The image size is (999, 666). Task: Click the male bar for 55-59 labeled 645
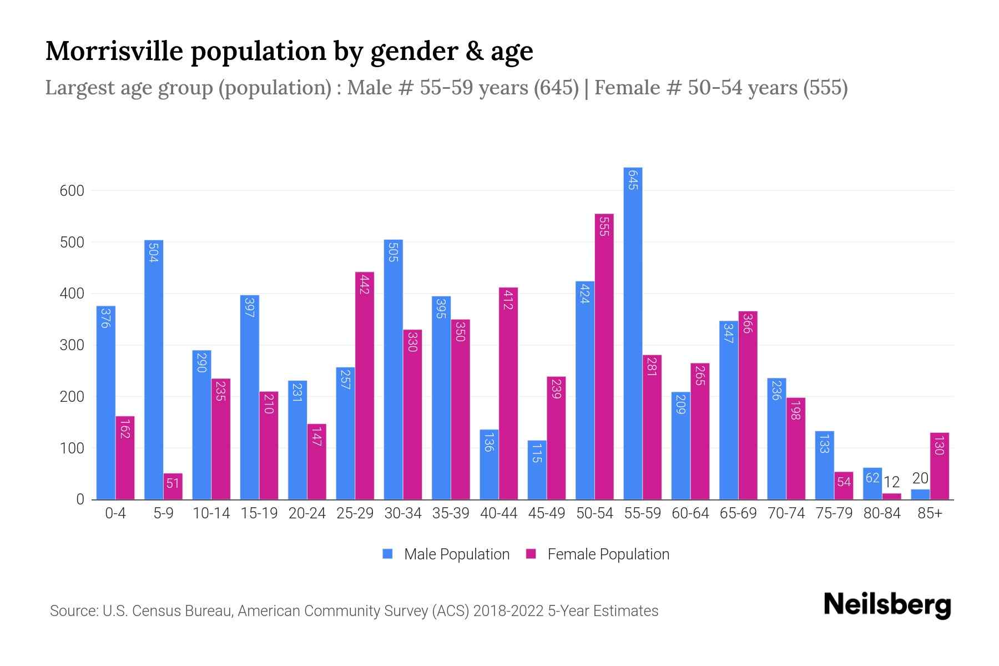coord(633,333)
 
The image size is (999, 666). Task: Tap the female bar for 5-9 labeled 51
coord(173,487)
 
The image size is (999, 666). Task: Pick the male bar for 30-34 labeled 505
coord(393,370)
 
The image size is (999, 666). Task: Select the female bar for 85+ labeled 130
coord(939,466)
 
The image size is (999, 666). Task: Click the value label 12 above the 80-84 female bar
coord(891,482)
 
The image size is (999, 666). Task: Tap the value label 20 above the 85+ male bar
coord(920,478)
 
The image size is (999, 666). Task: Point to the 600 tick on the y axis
coord(72,191)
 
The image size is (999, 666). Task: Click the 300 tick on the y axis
coord(72,345)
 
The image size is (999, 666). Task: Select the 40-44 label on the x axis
coord(498,513)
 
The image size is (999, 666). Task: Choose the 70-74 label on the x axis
coord(786,513)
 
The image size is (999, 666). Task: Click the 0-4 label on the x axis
coord(115,513)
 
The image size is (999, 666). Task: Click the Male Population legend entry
coord(456,554)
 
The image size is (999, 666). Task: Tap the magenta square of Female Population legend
coord(531,554)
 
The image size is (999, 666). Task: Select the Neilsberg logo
coord(887,605)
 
